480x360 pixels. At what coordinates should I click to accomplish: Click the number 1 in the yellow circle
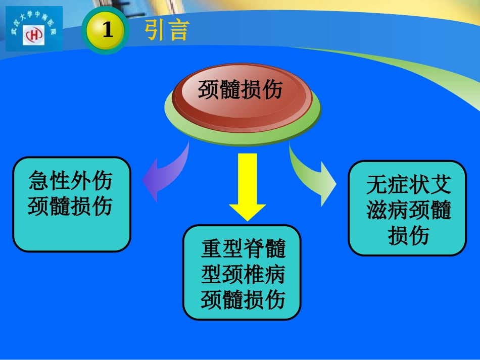point(107,31)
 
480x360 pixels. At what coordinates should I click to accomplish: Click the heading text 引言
point(167,30)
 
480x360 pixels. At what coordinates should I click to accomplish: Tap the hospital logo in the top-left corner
point(34,29)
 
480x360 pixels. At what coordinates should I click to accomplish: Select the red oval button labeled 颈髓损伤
point(240,91)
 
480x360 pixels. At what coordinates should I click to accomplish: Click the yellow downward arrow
point(248,187)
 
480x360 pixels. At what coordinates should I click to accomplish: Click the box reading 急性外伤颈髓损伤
point(72,204)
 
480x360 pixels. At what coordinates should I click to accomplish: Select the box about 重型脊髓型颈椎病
point(242,272)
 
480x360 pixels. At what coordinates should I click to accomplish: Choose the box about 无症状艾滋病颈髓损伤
point(407,208)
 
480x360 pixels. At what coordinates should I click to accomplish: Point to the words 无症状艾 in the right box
point(408,185)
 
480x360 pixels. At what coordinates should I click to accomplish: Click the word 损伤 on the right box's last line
point(408,235)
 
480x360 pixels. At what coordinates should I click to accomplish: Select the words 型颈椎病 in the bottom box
point(243,274)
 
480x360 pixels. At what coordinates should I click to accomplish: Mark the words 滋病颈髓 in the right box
point(408,211)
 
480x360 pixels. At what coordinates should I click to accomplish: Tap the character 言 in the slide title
point(179,30)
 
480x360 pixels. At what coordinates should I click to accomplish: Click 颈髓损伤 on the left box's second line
point(70,206)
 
